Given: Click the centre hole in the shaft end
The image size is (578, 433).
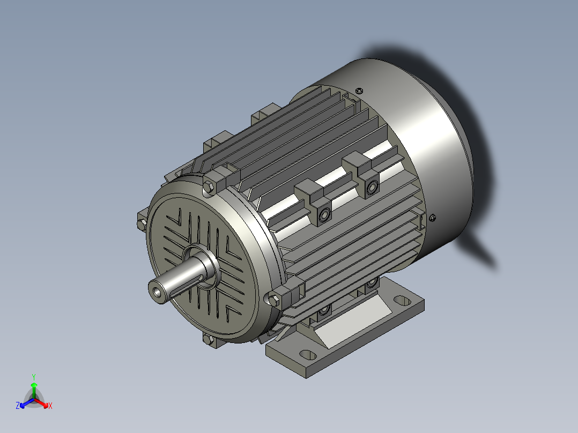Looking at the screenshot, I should (156, 292).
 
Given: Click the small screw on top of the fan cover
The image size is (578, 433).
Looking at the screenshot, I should (359, 89).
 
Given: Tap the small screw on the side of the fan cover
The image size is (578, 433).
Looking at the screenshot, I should (433, 217).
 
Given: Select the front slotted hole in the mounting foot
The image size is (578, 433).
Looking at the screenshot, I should (307, 354).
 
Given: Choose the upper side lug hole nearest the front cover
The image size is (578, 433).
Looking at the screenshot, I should (324, 215).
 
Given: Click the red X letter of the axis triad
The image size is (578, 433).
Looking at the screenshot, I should (50, 406).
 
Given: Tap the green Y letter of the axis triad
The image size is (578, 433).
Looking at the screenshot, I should (34, 377).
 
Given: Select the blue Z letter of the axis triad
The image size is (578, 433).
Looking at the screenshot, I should (18, 406).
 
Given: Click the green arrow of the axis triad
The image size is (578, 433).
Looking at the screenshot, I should (34, 388).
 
